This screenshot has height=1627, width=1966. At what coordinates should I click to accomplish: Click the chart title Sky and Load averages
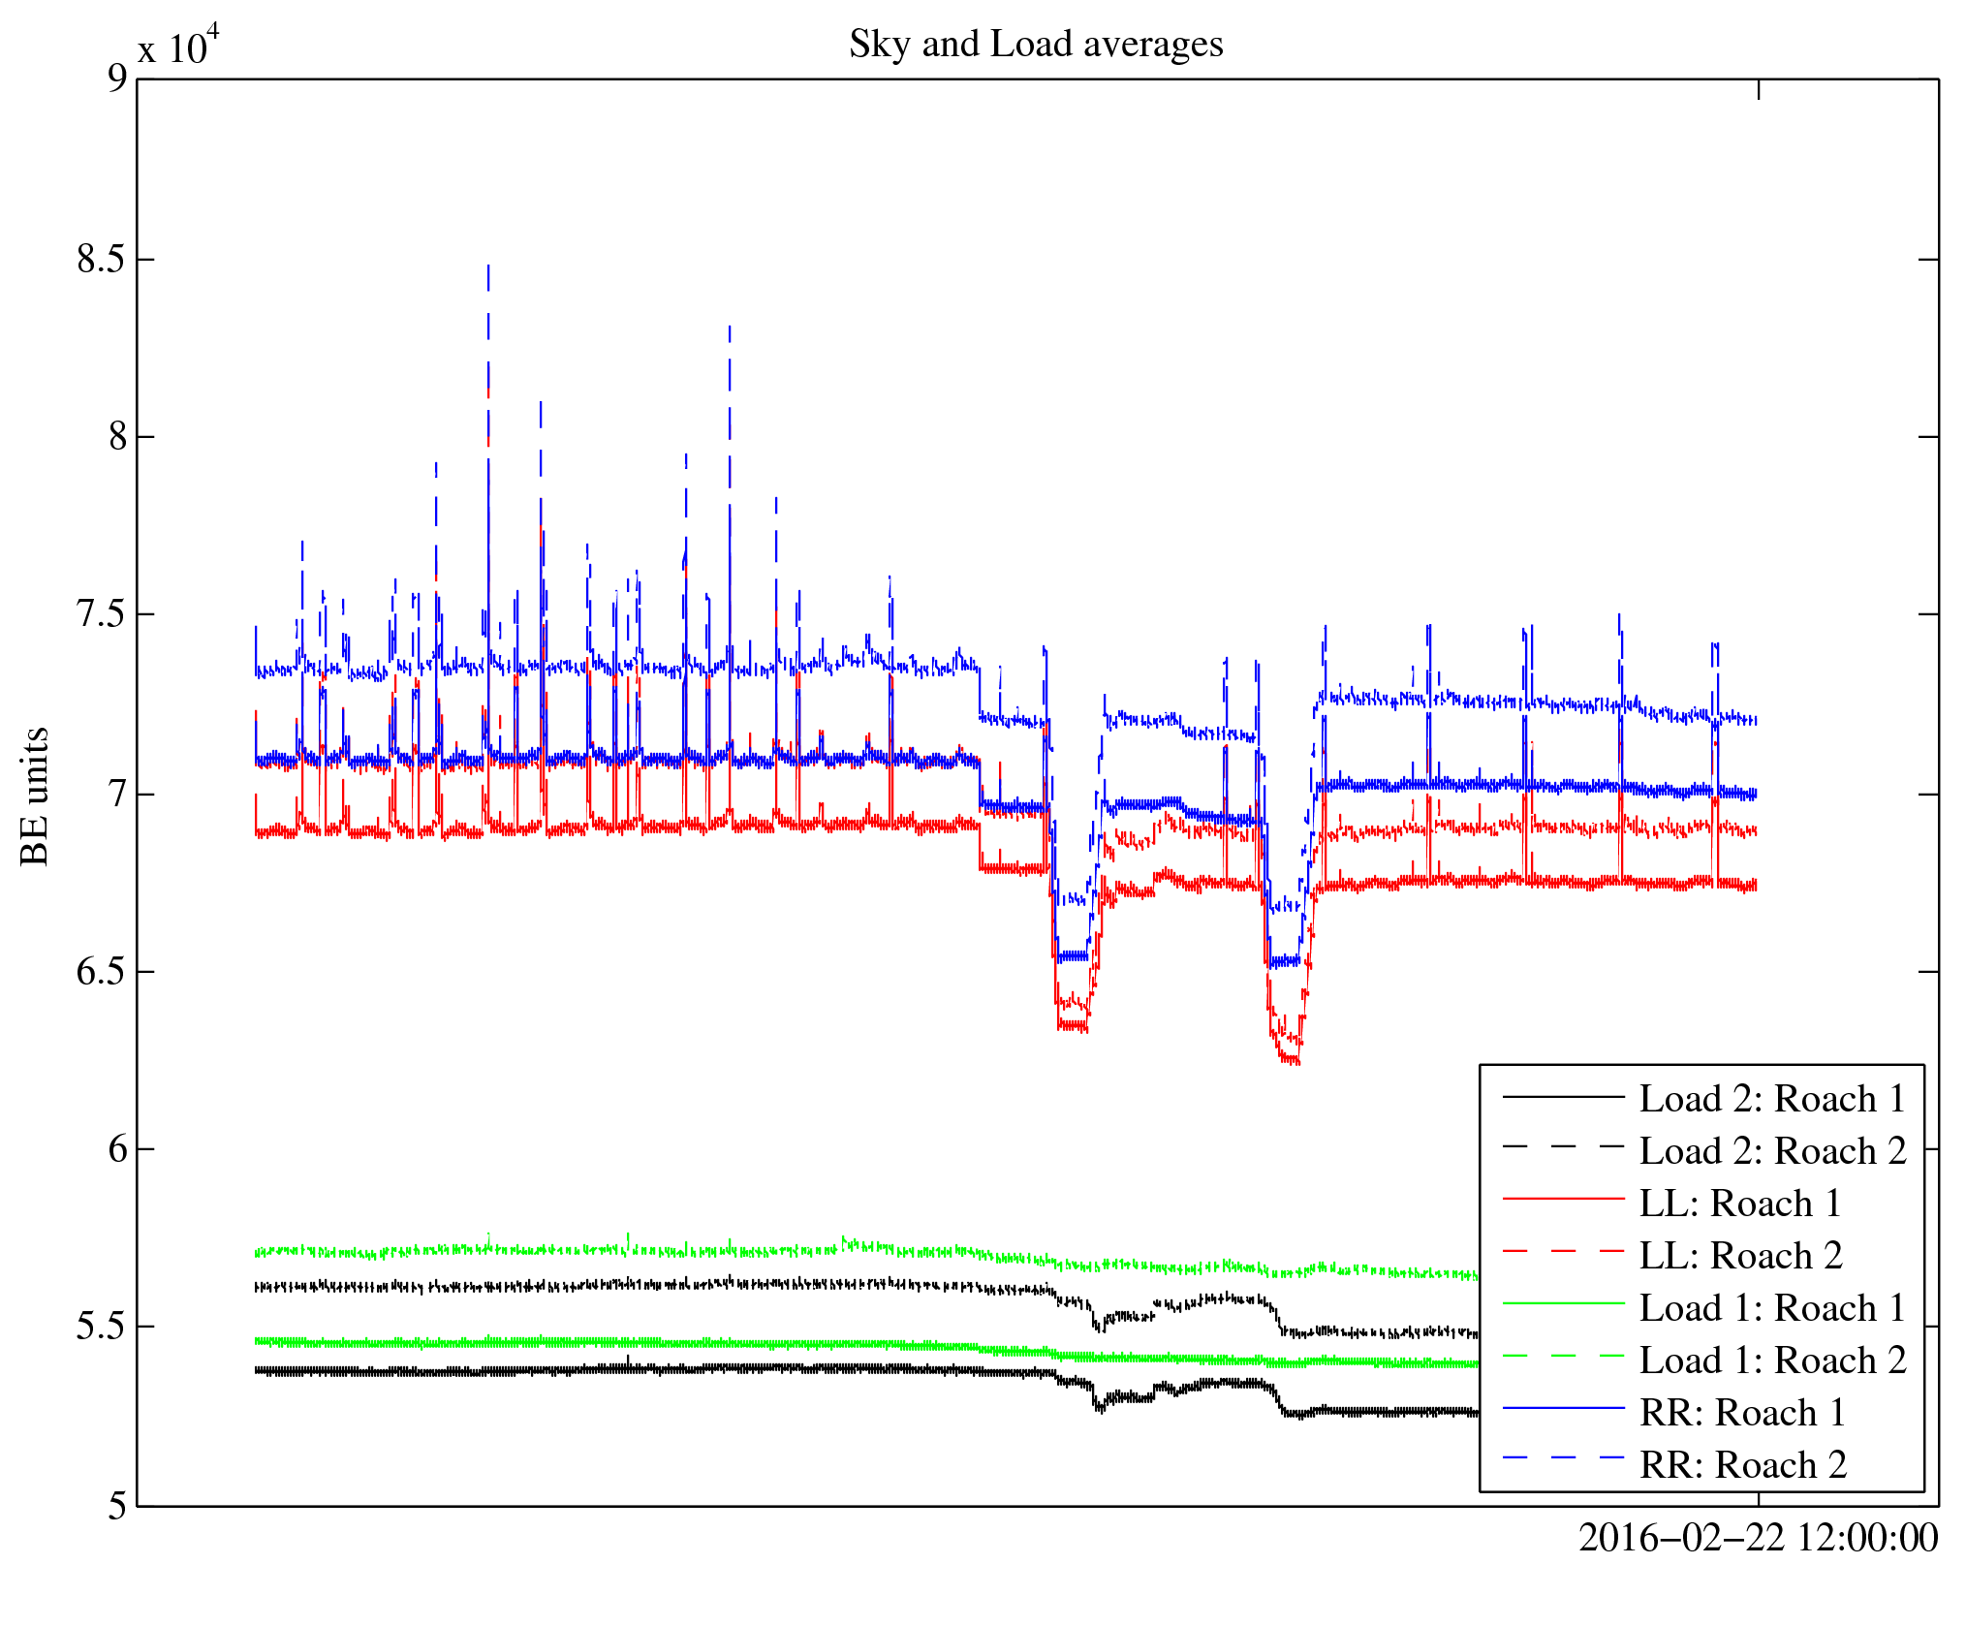(1036, 44)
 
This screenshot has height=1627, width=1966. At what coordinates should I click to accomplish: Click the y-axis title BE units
(35, 796)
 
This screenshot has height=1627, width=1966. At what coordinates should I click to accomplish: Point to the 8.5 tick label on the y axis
(102, 259)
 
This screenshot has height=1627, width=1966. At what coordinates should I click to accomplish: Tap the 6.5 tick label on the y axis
(102, 971)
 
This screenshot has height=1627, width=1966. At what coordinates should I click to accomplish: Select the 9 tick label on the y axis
(117, 78)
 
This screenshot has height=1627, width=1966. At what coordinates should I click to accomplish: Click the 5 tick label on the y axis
(117, 1506)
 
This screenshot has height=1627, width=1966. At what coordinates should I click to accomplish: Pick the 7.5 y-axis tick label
(102, 614)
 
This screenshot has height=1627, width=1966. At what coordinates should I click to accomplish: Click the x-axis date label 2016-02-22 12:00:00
(1758, 1538)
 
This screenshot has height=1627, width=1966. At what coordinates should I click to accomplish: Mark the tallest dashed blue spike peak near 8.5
(488, 266)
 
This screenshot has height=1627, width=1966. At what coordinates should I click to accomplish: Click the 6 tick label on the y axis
(117, 1149)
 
